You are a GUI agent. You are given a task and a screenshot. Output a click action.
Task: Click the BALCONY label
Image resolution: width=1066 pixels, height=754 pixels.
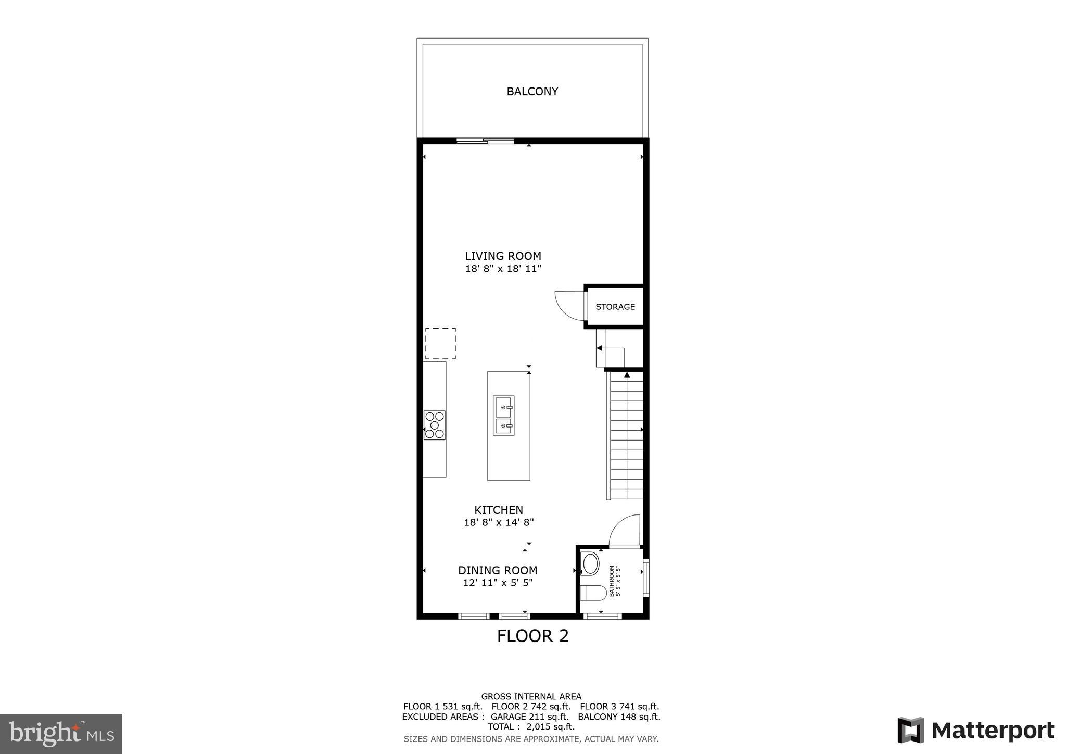[x=532, y=92]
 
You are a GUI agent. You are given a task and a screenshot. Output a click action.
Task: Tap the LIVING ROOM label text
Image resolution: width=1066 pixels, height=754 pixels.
[x=503, y=256]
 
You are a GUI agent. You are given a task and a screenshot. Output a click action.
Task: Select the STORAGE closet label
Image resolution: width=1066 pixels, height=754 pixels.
[x=615, y=307]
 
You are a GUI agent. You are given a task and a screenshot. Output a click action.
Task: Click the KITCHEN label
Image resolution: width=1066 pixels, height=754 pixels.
[x=498, y=510]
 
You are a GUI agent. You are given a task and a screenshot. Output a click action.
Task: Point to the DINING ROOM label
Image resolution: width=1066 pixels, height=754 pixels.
[x=498, y=570]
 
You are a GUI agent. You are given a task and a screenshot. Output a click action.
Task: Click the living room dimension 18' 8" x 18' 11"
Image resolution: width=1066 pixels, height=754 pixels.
[x=503, y=269]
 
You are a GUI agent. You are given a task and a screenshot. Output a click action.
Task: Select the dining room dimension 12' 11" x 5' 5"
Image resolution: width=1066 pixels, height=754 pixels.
[x=498, y=583]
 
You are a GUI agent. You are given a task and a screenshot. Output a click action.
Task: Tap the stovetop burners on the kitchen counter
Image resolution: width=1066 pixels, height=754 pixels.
[x=434, y=425]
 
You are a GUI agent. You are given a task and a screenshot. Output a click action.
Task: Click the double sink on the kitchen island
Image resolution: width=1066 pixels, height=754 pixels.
[x=503, y=415]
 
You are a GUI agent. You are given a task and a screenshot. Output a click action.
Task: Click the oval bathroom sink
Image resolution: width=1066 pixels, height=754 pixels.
[x=590, y=563]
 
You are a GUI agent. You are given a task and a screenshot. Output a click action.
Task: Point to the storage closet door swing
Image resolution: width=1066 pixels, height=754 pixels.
[x=569, y=306]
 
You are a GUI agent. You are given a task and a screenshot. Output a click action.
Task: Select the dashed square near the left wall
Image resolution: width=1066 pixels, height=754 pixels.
[x=440, y=343]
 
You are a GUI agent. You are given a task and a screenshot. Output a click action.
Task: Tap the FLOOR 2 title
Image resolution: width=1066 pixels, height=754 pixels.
[x=532, y=636]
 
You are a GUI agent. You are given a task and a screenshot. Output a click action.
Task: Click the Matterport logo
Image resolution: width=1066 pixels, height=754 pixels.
[x=975, y=730]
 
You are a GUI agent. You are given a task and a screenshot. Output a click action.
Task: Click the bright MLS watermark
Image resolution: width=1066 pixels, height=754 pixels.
[x=61, y=734]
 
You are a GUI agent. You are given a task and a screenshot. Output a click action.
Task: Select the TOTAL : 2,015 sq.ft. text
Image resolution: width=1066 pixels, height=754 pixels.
[x=531, y=726]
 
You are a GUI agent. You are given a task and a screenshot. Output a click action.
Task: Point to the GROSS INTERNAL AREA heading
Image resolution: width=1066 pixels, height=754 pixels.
[x=531, y=696]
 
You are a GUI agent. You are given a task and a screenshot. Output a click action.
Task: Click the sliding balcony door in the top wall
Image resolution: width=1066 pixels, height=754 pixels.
[x=485, y=141]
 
